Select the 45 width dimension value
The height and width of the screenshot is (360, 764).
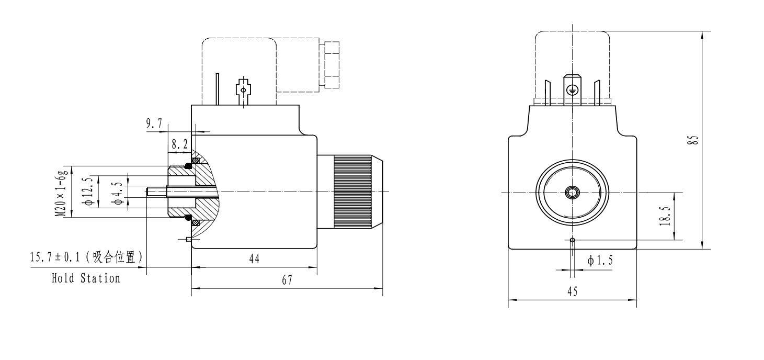point(573,292)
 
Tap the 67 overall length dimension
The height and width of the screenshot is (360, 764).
point(287,280)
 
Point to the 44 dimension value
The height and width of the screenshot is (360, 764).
point(254,259)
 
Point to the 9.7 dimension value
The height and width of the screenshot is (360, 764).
point(154,123)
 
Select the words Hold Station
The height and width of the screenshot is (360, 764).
point(86,278)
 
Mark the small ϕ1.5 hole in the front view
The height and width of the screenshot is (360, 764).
point(573,240)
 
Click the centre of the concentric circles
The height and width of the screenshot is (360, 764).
point(573,193)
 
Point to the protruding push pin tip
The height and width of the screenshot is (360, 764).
point(150,192)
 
